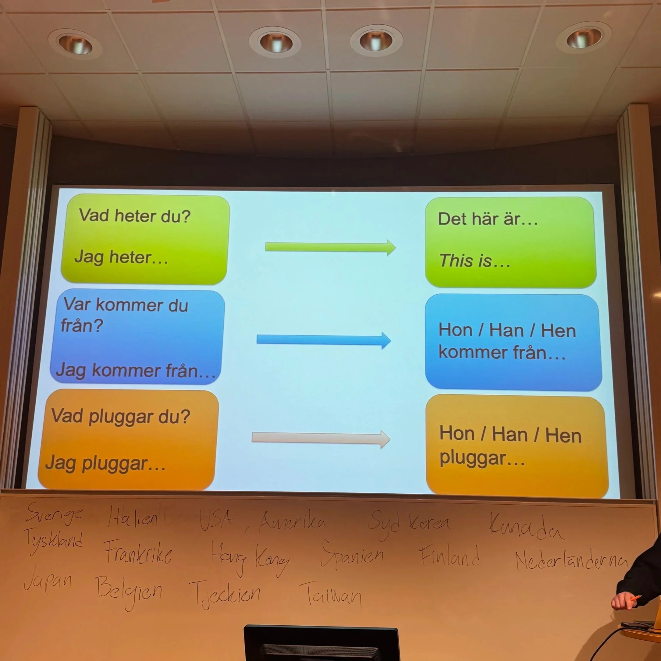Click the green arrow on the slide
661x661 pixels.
pos(330,247)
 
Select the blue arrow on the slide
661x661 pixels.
pos(324,340)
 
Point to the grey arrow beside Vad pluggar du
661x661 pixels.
pos(321,439)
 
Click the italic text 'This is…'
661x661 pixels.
pos(474,261)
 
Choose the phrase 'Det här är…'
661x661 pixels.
pos(488,219)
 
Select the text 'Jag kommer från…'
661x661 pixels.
pos(136,371)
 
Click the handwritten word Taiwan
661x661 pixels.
pos(330,594)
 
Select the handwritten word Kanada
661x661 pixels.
pos(526,526)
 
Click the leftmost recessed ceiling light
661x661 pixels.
pos(75,44)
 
